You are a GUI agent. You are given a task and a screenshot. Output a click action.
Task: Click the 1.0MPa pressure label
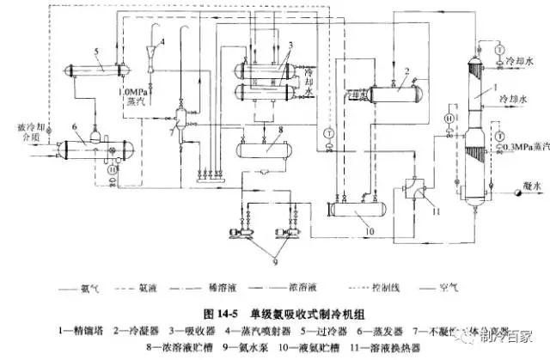pyautogui.click(x=125, y=89)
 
